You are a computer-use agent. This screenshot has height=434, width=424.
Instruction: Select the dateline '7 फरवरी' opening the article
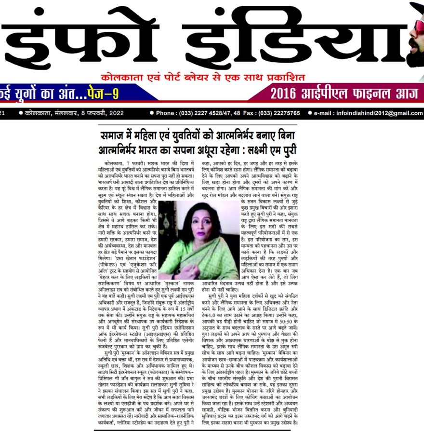click(x=133, y=164)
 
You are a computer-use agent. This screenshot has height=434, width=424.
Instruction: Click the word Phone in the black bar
click(x=166, y=113)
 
